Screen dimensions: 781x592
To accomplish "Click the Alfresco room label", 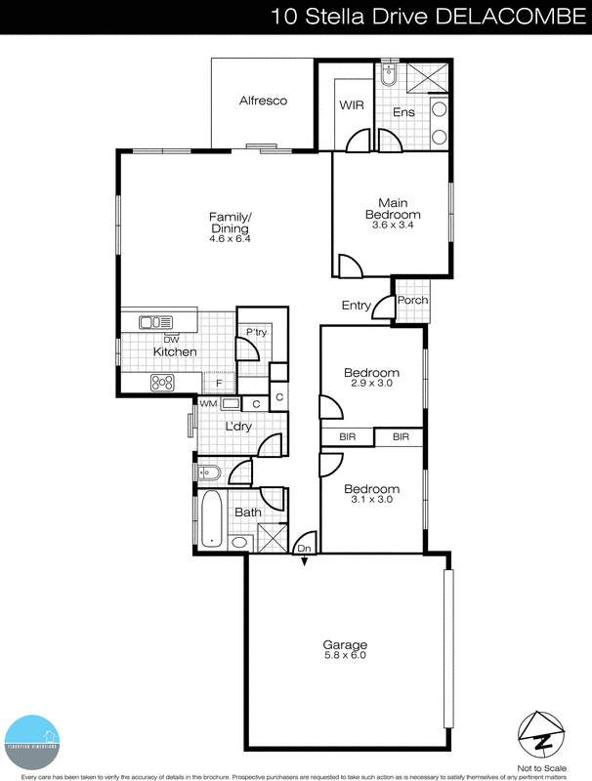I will [263, 101].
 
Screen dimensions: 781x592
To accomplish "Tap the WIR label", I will [352, 104].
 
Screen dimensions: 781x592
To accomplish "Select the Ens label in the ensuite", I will [403, 112].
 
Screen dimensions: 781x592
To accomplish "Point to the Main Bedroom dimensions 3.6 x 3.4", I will [393, 226].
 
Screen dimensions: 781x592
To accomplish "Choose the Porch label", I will [411, 301].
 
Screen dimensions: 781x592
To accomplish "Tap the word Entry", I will [356, 306].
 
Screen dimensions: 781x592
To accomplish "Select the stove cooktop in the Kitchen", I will [162, 384].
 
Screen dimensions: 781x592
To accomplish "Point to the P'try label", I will [256, 334].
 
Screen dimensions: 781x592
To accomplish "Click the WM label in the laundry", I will [208, 403].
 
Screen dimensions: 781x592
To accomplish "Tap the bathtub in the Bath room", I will [211, 517].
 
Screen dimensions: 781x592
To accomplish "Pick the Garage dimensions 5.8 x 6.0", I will [345, 656].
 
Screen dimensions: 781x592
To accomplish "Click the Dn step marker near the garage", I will [304, 550].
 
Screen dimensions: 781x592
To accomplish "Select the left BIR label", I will [347, 437].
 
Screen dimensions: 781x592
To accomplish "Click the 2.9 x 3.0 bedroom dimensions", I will [371, 384].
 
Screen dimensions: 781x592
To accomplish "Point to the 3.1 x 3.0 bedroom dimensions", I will [371, 500].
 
